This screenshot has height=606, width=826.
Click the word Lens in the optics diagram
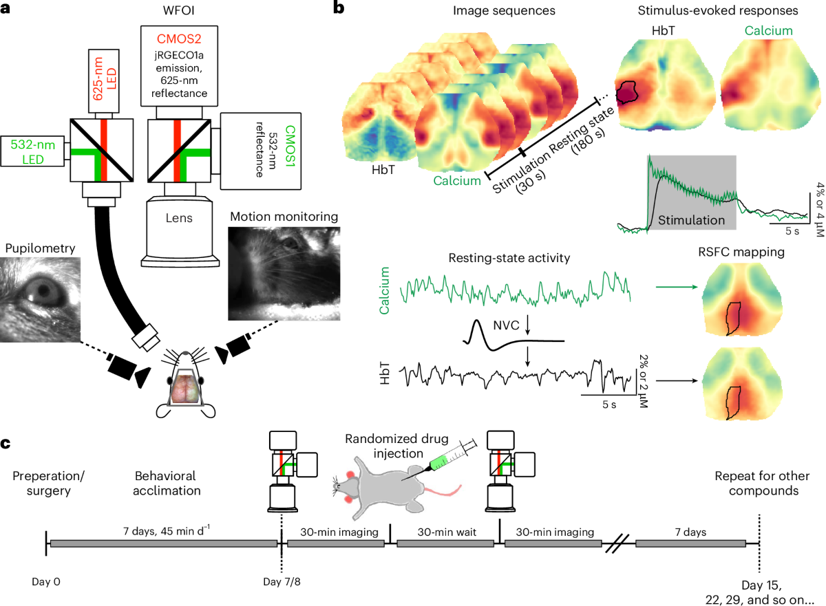[178, 218]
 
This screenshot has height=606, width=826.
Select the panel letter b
[338, 10]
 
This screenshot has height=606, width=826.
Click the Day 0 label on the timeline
[47, 582]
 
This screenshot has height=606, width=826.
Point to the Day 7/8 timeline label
[282, 582]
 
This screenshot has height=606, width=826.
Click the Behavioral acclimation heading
[165, 482]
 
